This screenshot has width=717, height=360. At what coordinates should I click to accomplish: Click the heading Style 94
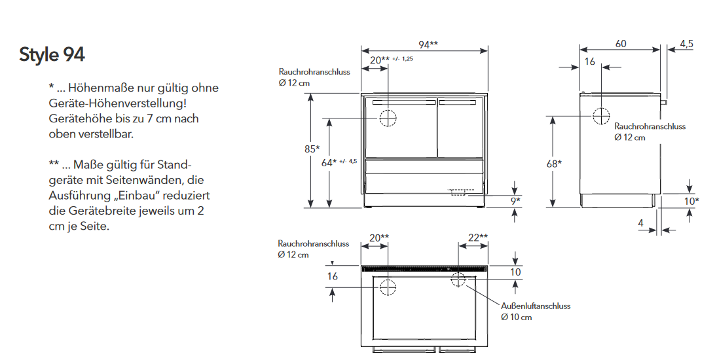52,55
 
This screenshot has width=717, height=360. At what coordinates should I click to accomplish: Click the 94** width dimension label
428,45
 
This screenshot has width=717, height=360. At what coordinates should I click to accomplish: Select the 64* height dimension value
329,162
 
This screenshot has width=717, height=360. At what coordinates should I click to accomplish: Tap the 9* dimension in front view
515,201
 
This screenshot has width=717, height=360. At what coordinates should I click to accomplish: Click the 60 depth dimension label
621,44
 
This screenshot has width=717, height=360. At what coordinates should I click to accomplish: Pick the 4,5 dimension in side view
686,44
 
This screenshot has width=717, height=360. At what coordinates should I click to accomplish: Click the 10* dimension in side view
691,201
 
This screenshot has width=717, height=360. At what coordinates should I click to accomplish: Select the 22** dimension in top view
478,237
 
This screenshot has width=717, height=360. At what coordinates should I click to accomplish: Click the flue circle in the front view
388,118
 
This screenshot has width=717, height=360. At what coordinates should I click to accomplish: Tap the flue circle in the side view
601,117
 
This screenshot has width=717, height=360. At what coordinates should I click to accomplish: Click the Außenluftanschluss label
536,306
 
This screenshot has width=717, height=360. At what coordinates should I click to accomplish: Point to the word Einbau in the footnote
145,196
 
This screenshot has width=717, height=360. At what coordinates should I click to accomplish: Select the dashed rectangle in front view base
459,192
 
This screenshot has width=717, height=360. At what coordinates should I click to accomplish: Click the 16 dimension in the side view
589,62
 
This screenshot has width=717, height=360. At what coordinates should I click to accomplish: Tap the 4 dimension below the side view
640,223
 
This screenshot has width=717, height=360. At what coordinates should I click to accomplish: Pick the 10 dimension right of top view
516,272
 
